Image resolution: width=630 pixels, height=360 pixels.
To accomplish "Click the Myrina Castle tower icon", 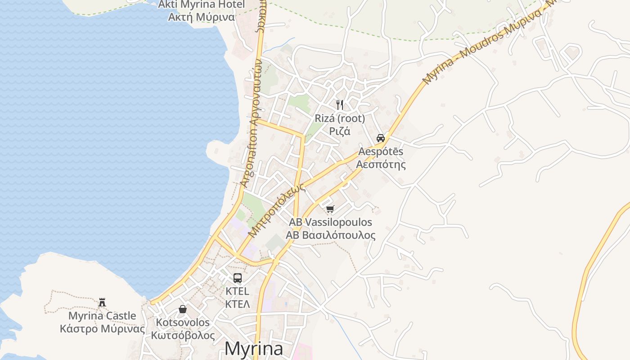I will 102,302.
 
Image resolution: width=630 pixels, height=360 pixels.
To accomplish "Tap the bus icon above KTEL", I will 237,278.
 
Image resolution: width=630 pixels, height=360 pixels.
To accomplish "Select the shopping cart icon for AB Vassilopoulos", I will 330,209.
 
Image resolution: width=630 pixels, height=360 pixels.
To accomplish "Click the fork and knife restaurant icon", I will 340,105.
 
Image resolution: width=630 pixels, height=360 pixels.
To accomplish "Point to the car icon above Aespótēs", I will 381,138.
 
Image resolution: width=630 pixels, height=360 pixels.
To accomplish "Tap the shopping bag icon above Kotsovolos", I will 183,309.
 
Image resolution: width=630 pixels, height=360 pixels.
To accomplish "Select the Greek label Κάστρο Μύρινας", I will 103,329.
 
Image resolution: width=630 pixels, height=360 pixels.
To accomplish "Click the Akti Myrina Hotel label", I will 201,5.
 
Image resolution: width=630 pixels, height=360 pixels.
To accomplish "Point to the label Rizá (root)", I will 340,118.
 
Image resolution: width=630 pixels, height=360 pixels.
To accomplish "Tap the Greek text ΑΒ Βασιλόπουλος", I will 330,235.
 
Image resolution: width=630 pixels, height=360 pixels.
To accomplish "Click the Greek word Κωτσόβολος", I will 183,335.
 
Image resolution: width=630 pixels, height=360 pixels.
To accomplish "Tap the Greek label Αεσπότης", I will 381,164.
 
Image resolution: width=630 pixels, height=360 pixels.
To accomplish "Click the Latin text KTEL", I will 237,291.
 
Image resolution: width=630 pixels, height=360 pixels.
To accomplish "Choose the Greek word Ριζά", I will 340,131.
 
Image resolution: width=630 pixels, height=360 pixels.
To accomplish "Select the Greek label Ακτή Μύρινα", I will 201,17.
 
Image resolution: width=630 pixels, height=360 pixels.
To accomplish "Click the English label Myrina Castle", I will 102,316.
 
